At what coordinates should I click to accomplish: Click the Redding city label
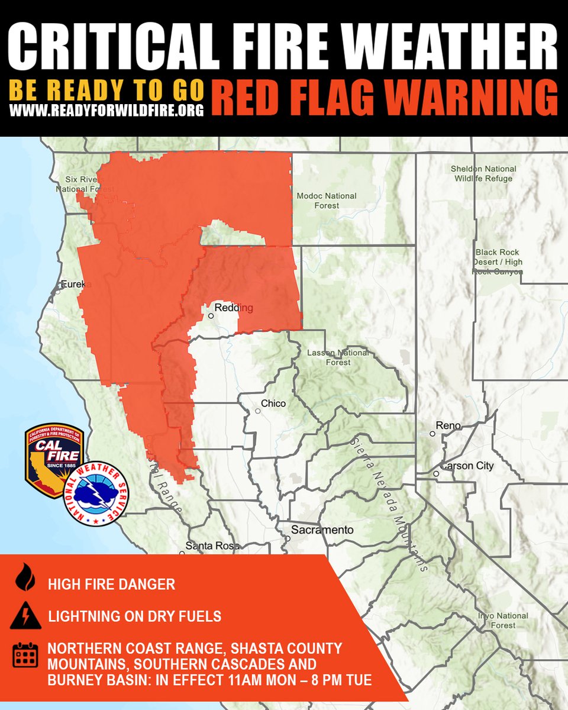point(234,308)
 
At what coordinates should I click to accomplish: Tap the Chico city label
point(273,404)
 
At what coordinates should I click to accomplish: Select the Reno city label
point(447,425)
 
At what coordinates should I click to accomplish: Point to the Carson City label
point(467,466)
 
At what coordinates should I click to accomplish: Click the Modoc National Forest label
point(327,201)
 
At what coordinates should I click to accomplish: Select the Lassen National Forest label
point(338,357)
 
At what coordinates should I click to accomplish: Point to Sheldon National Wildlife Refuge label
point(483,173)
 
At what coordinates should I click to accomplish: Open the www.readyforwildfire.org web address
point(106,109)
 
